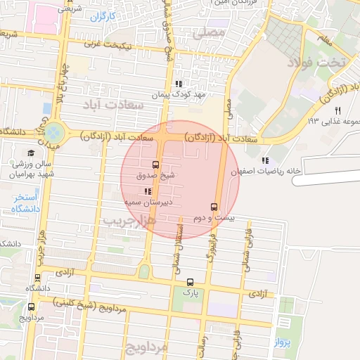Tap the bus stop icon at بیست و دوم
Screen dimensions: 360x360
tap(214, 207)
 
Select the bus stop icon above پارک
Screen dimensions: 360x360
tap(190, 281)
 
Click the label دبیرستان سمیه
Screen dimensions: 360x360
tap(148, 202)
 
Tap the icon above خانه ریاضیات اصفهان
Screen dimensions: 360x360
tap(264, 160)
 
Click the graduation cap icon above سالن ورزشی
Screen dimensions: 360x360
tap(31, 153)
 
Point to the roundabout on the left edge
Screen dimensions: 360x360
tap(54, 131)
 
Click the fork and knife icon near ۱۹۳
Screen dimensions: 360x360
tap(337, 110)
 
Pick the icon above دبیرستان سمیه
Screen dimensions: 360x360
tap(148, 191)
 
